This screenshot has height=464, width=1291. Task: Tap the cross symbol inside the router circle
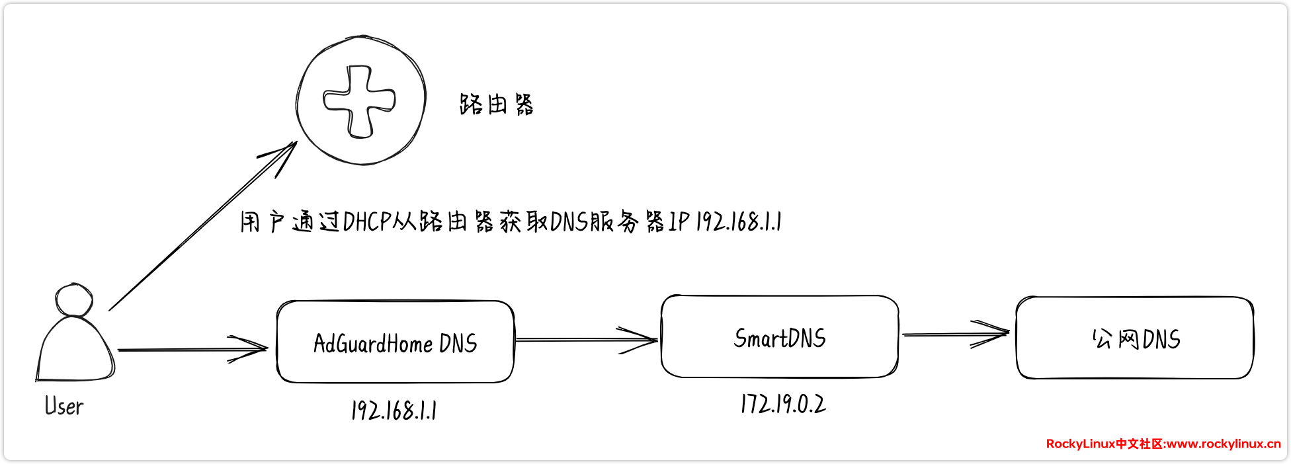click(x=359, y=101)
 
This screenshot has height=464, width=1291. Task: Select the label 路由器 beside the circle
click(x=496, y=104)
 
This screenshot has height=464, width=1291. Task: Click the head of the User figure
click(x=73, y=300)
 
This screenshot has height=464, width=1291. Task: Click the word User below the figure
click(x=64, y=406)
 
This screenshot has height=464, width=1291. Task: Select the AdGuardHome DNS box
click(x=395, y=342)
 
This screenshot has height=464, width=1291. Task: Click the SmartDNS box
click(x=779, y=338)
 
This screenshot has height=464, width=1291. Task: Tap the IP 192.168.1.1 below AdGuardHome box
click(x=394, y=410)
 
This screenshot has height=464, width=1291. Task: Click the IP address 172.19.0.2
click(x=783, y=404)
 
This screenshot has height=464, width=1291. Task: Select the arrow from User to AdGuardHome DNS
click(x=192, y=349)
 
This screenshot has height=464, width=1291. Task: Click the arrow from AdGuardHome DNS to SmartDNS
click(x=585, y=340)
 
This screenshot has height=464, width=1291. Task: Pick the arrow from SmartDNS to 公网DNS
click(x=956, y=334)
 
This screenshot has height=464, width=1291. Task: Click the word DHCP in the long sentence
click(x=367, y=222)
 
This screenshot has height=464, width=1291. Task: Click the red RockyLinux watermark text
click(x=1163, y=444)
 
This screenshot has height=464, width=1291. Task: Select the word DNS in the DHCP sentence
click(x=569, y=222)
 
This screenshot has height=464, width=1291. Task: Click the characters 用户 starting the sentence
click(x=262, y=222)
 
